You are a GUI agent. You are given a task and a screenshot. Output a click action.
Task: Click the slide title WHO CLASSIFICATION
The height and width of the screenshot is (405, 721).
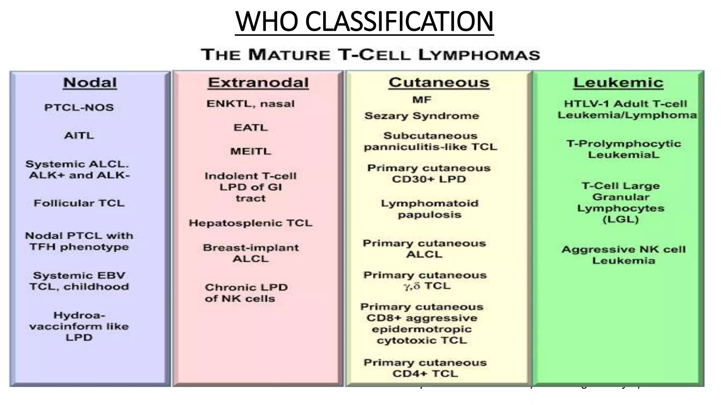(364, 22)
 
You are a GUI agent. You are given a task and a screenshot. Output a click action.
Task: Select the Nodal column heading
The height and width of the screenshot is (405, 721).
(90, 83)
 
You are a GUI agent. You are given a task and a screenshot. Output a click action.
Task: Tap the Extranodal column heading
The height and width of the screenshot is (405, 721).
(258, 83)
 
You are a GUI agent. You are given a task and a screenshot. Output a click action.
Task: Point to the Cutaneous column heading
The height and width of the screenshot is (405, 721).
(439, 83)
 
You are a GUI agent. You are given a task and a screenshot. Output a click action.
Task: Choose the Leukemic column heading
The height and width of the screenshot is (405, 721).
(618, 83)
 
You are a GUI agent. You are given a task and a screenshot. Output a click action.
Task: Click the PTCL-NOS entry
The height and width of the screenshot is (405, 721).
(79, 108)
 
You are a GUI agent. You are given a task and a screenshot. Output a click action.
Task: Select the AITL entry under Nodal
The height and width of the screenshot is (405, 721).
(79, 136)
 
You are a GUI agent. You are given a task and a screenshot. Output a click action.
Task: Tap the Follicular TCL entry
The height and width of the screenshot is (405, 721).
(79, 203)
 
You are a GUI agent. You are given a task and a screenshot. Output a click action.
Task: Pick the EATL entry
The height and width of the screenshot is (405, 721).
(250, 127)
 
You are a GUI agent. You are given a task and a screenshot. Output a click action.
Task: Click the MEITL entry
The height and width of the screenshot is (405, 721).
(250, 152)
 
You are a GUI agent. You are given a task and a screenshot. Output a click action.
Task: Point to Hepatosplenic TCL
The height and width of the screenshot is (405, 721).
(250, 223)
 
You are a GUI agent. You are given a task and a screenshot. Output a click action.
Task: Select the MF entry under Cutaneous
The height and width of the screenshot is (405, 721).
(422, 100)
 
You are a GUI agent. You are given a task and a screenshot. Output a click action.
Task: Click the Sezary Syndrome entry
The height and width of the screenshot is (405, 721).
(422, 116)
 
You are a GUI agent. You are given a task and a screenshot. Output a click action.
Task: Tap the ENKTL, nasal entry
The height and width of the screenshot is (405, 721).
(250, 104)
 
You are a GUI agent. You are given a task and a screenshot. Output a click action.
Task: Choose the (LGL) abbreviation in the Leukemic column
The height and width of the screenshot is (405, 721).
(620, 220)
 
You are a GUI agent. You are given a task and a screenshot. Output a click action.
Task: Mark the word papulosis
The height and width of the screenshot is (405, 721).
(430, 215)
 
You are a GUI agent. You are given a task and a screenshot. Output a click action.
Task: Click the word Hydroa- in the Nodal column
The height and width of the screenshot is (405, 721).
(79, 315)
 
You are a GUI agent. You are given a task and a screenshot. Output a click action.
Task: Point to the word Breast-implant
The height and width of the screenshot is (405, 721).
(251, 248)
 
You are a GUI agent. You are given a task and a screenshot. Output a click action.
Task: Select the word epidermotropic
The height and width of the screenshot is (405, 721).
(422, 329)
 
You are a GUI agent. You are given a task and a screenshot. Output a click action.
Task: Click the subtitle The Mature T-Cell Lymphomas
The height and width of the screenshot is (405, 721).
(370, 55)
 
